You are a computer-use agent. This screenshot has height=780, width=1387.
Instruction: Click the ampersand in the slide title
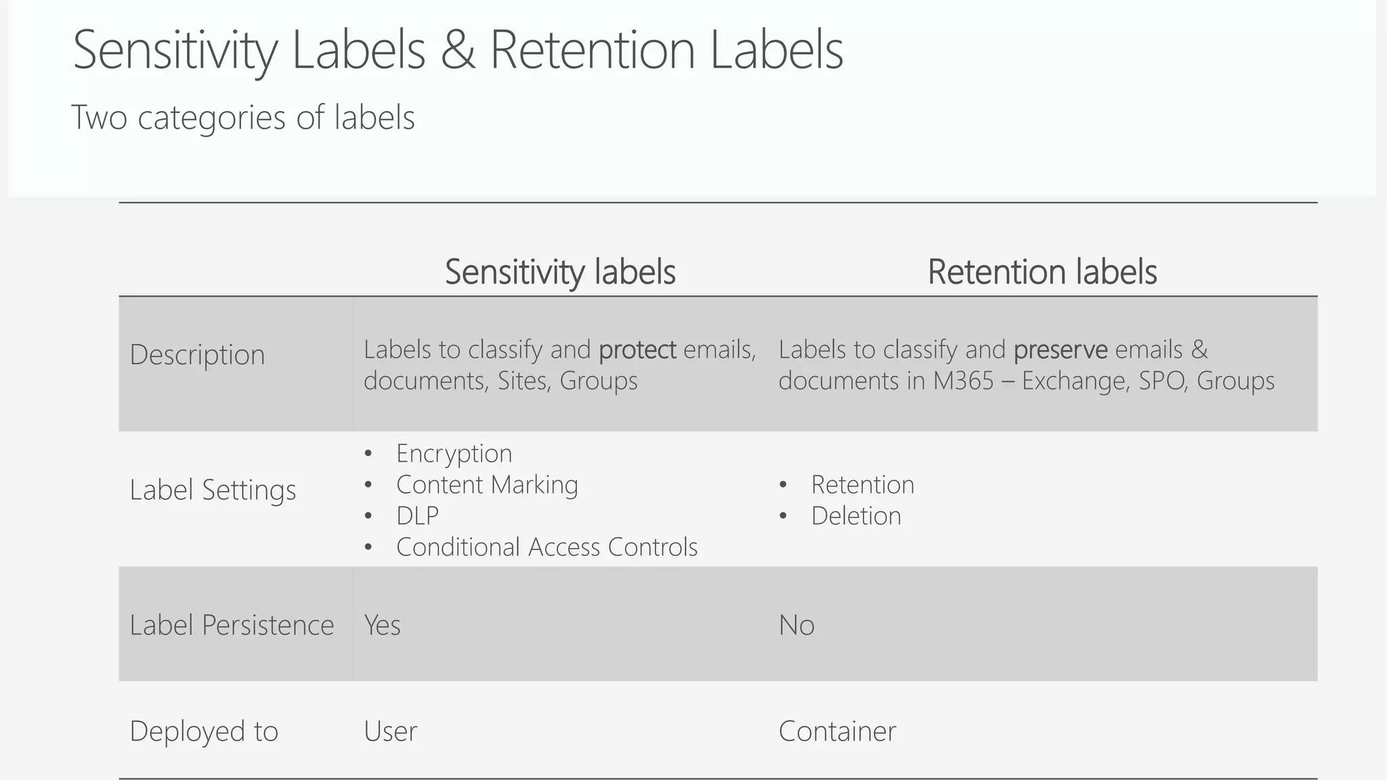[458, 51]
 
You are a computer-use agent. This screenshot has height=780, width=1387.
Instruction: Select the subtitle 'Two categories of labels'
[242, 117]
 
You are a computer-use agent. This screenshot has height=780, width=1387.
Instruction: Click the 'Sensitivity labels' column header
[560, 272]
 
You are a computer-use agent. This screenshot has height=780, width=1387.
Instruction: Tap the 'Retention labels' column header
[1042, 272]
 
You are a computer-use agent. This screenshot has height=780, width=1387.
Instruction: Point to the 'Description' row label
[197, 355]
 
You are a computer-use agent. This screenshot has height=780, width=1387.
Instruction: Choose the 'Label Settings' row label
[213, 490]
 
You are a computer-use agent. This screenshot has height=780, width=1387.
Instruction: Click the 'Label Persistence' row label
[232, 625]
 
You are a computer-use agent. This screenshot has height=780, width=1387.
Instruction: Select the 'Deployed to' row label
[204, 731]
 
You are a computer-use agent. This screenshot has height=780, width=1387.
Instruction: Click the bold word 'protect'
[637, 350]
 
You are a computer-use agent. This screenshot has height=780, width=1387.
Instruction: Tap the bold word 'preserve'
[1061, 350]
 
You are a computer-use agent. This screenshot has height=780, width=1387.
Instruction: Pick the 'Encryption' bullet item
[454, 454]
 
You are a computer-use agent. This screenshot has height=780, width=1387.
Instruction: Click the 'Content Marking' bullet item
[487, 485]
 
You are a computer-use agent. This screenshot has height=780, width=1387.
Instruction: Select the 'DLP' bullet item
[417, 516]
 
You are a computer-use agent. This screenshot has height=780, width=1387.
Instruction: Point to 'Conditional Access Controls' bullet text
[547, 547]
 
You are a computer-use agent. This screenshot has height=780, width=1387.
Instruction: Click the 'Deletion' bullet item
[856, 516]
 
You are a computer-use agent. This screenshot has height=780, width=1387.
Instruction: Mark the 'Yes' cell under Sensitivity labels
[382, 625]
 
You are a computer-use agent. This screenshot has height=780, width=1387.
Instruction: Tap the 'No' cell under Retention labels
[796, 625]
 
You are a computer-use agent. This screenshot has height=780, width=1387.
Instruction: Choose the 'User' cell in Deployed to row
[390, 731]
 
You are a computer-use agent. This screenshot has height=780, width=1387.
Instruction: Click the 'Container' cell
[837, 731]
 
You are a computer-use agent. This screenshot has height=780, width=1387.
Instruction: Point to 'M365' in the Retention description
[963, 381]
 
